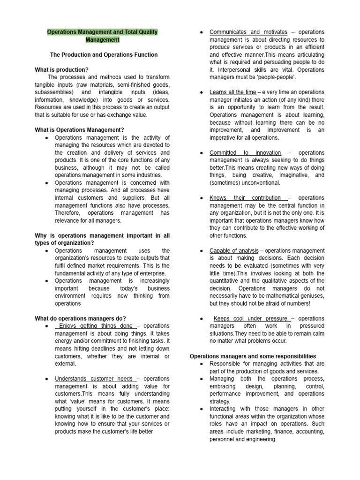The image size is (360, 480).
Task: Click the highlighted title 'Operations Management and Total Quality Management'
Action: click(102, 36)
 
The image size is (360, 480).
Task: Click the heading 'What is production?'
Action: click(61, 70)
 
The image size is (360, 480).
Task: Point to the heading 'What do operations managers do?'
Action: click(80, 318)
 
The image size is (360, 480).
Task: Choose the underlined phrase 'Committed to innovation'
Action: click(245, 153)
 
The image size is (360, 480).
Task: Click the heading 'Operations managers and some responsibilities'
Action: click(253, 356)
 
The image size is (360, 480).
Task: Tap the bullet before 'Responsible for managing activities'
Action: click(201, 364)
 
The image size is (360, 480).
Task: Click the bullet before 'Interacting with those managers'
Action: click(201, 409)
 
